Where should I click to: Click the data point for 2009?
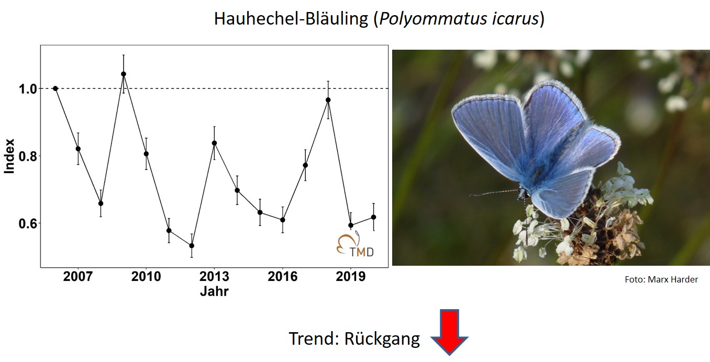click(124, 74)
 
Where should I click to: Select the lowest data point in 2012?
click(192, 245)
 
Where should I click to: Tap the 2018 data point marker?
click(328, 100)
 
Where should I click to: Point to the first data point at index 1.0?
click(56, 88)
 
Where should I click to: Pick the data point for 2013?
click(214, 143)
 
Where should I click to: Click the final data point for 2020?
click(373, 217)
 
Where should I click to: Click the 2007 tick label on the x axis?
click(77, 277)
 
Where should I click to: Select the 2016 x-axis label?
click(282, 277)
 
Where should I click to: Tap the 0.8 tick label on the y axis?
click(28, 156)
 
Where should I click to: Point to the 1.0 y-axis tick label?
click(28, 89)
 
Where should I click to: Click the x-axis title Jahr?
click(214, 291)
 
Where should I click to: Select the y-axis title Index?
click(9, 156)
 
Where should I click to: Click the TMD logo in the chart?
click(356, 244)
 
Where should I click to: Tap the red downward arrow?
click(449, 332)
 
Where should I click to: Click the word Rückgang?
click(382, 339)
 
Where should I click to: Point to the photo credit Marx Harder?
click(673, 279)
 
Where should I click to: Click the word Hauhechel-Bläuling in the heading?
click(291, 18)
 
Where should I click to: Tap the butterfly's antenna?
click(494, 193)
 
